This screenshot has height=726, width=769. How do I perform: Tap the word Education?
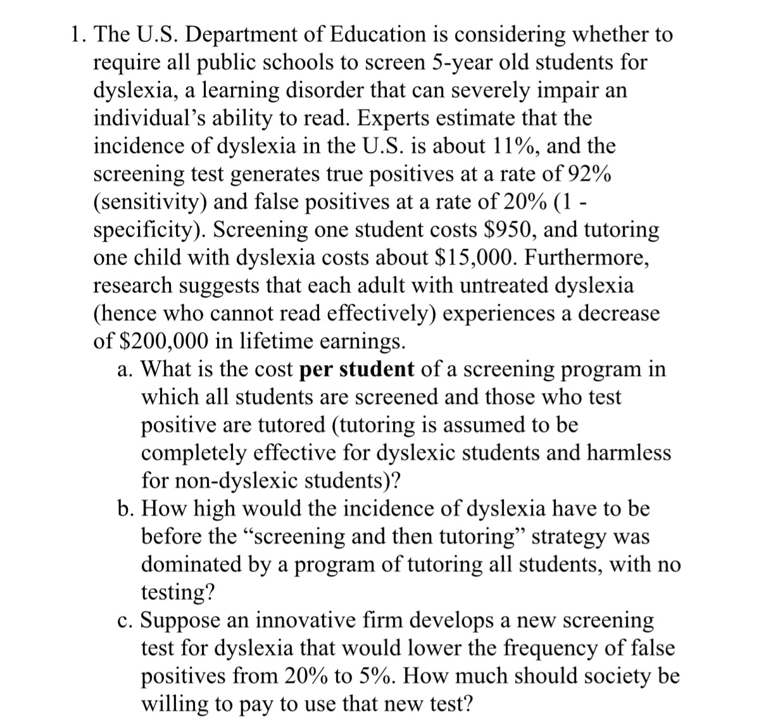click(x=373, y=35)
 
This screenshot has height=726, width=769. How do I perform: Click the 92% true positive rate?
click(x=589, y=174)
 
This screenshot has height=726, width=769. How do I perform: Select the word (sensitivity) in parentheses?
click(x=150, y=202)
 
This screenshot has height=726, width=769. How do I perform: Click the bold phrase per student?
click(x=356, y=369)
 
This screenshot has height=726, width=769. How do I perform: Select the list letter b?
click(x=124, y=508)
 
